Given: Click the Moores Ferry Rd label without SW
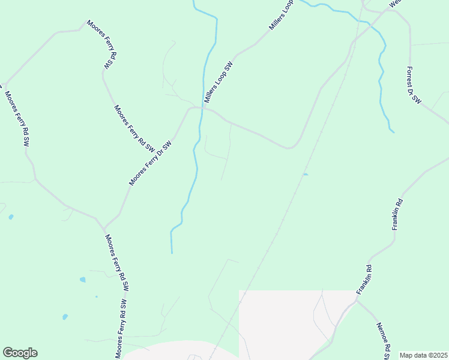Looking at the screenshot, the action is click(x=101, y=45).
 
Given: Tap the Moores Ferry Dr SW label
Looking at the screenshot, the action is click(x=150, y=163).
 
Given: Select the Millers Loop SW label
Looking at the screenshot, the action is click(x=218, y=83).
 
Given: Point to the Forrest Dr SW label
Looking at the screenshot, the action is click(x=414, y=87).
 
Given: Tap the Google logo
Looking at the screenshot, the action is click(x=20, y=353).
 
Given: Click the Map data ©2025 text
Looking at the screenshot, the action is click(x=423, y=355).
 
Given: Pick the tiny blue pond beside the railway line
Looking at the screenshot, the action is click(x=306, y=175).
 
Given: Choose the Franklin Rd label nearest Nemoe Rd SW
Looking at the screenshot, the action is click(x=364, y=280).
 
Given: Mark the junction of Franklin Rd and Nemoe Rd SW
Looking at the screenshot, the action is click(x=357, y=301).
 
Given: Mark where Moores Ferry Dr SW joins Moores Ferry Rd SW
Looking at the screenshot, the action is click(x=104, y=229).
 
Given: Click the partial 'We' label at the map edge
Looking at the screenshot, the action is click(x=394, y=3).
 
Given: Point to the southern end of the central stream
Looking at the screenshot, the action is click(x=172, y=253).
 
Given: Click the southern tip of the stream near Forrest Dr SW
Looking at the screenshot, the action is click(x=393, y=131).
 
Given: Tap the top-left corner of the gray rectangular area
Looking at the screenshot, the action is click(x=240, y=291).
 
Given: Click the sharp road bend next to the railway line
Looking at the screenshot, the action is click(x=292, y=148).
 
